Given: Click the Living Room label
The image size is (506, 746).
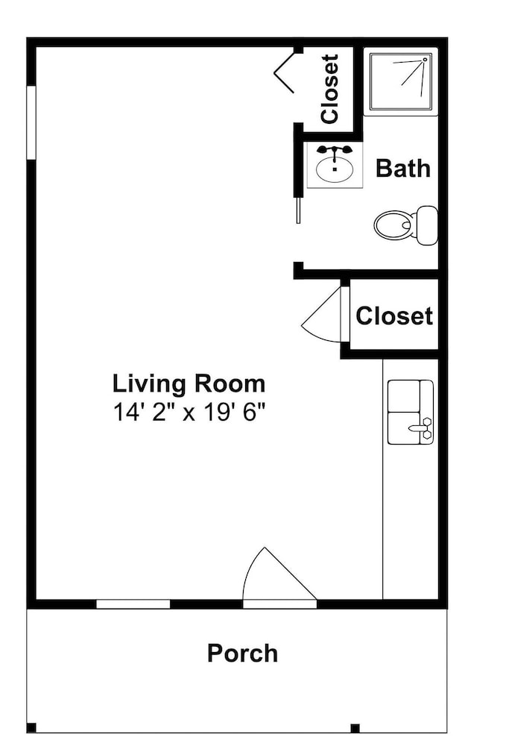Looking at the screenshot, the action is (189, 383).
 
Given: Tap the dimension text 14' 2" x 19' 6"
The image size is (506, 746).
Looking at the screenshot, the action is (189, 412).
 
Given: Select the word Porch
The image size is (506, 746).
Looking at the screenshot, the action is (242, 653).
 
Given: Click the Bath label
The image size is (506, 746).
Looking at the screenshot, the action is (403, 169).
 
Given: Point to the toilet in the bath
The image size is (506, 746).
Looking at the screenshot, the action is (406, 225).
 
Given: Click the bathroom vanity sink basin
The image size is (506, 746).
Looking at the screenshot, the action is (335, 169).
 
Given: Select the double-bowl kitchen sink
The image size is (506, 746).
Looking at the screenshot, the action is (411, 412).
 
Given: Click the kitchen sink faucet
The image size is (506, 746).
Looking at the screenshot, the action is (422, 427).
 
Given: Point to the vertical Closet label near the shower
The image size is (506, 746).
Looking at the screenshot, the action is (329, 89).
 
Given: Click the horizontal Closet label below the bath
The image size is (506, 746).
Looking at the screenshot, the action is (394, 316).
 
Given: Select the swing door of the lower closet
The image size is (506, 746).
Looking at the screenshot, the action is (322, 315).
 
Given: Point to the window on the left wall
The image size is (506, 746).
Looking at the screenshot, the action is (31, 122).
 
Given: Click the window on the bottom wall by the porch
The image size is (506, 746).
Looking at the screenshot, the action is (133, 604).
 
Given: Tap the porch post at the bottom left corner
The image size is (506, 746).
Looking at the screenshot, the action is (31, 728).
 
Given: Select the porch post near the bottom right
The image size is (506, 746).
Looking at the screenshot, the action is (355, 728).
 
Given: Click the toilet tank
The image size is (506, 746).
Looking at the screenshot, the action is (427, 225).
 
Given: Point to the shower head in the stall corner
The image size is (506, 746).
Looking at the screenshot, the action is (424, 60).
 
